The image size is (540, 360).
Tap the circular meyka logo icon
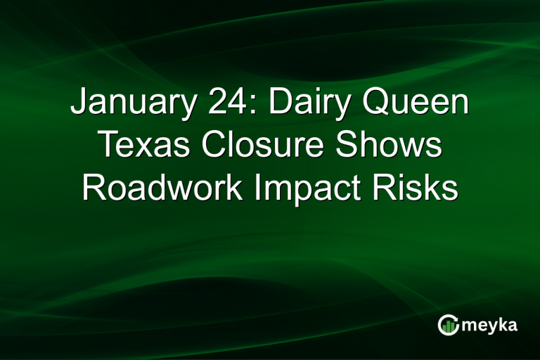pos(447,324)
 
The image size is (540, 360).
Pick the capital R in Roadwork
pos(92,188)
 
